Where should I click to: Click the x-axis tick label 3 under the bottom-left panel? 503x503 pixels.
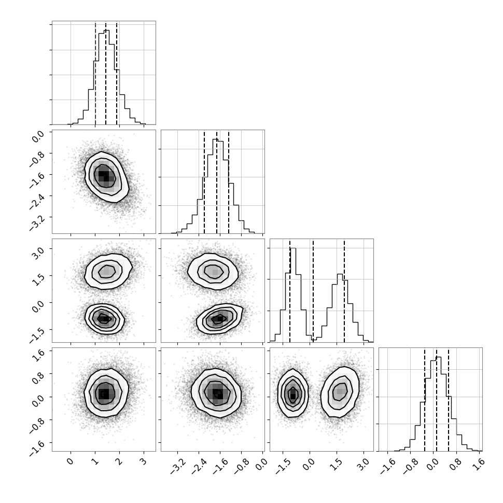tap(144, 462)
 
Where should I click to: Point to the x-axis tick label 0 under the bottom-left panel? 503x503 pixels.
tap(70, 462)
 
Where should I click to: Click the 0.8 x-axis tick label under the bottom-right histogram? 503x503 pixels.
tap(455, 465)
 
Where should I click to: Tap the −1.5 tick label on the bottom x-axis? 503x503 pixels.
tap(283, 466)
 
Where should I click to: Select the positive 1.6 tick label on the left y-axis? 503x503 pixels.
tap(37, 355)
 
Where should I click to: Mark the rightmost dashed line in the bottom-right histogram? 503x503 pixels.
tap(449, 399)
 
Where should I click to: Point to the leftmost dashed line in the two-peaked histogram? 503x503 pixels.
tap(290, 290)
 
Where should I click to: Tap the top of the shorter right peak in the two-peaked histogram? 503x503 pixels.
tap(340, 274)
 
